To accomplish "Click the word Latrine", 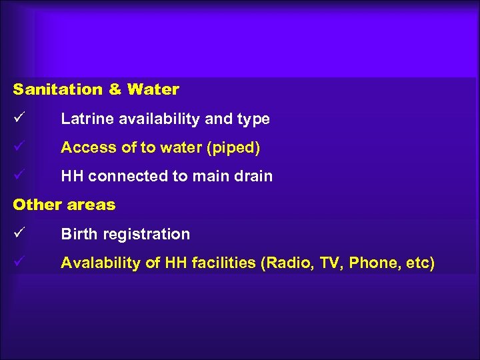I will click(82, 119).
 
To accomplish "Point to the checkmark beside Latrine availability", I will click(18, 119).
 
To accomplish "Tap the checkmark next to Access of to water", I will click(18, 147).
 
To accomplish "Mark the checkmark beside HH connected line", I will click(18, 176).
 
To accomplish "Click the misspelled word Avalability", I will click(101, 263).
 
